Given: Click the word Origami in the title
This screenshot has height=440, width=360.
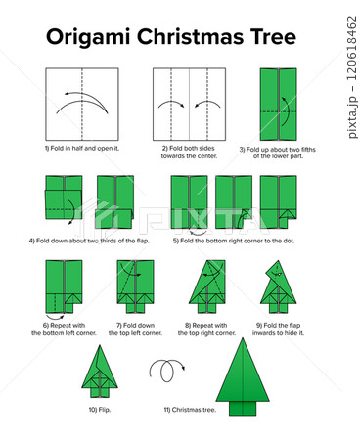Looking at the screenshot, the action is coord(88,37).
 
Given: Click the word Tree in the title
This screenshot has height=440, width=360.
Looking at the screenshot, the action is coord(273,36).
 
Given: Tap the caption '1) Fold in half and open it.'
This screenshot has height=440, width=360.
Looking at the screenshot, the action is coord(82,148).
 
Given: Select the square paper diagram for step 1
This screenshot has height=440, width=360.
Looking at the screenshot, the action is coord(82,104).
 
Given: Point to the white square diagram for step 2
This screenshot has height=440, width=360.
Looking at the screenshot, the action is coord(190,104).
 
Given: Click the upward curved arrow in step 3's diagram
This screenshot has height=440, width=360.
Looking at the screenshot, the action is coord(286,111).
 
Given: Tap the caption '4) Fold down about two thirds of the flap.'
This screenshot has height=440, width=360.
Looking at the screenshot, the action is coord(89,241).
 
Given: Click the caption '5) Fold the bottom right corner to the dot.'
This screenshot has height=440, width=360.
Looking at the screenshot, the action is coord(234,241).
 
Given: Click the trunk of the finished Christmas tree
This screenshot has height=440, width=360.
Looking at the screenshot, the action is coord(243,408).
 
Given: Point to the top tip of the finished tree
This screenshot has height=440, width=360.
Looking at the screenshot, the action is coord(243,338).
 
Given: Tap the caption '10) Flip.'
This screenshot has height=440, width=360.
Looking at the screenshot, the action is coord(100,410).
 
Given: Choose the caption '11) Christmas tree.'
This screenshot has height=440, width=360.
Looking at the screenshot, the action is coord(190,410).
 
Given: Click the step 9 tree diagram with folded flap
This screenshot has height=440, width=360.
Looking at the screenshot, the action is coord(278,286).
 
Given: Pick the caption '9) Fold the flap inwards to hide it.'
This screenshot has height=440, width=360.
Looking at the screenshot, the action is coord(278,330).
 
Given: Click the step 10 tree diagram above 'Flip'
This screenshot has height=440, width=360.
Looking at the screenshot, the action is coord(100,371).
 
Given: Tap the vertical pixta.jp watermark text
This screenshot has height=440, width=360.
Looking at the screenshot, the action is coord(351,77).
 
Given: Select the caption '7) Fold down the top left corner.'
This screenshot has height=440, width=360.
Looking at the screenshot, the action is coord(135,330).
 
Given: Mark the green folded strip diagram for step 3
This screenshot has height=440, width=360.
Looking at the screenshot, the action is coord(279,105).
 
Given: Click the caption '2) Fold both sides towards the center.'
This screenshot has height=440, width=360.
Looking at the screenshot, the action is coord(189,152).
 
